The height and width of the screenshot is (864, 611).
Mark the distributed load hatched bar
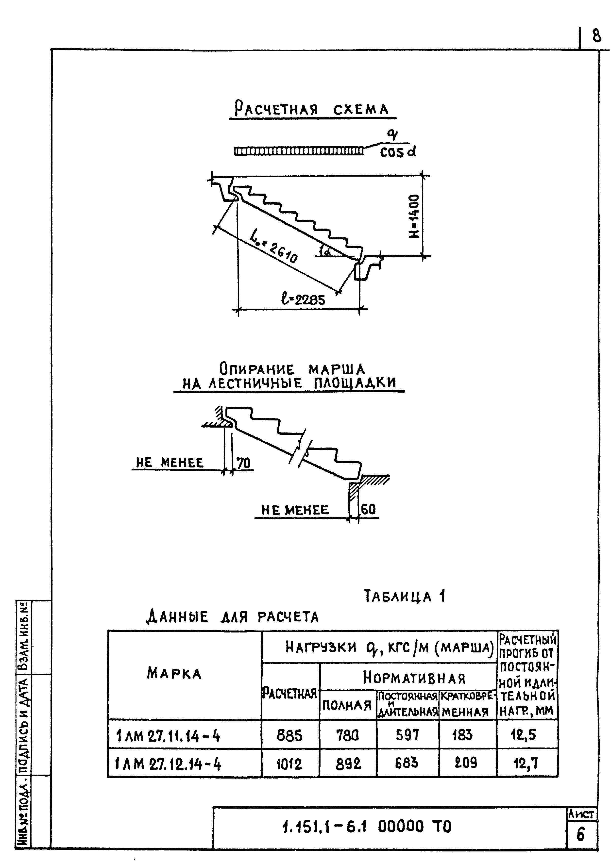pyautogui.click(x=299, y=151)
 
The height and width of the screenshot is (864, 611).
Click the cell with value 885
pyautogui.click(x=289, y=735)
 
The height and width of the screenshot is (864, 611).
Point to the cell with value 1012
pyautogui.click(x=289, y=764)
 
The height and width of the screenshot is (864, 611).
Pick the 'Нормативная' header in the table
pyautogui.click(x=414, y=678)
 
